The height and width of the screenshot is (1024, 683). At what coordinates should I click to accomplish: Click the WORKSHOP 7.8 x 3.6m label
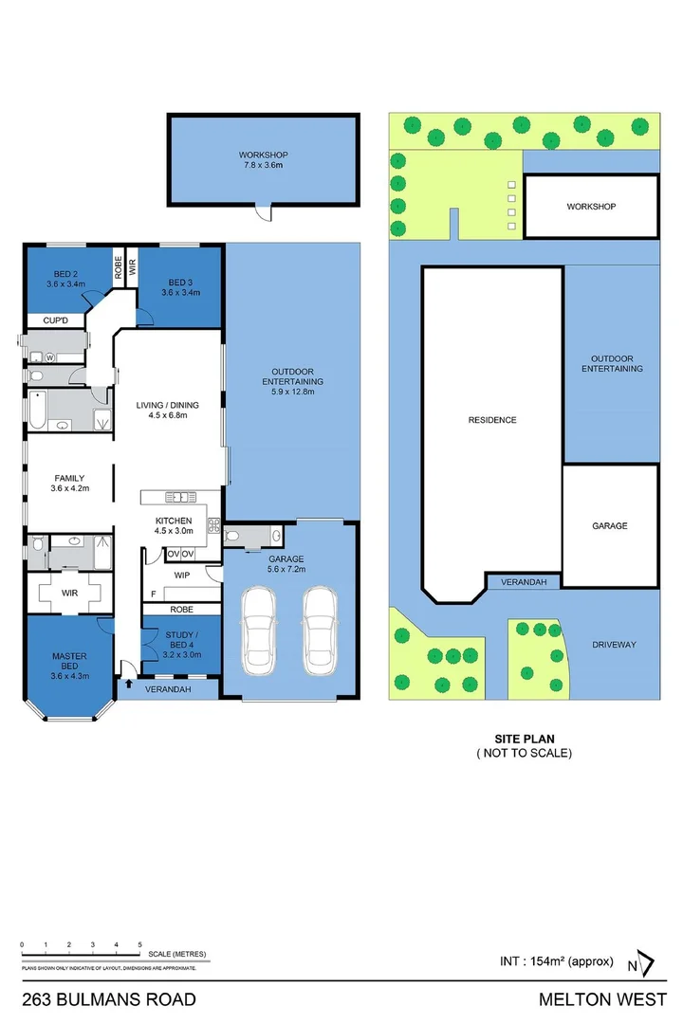point(263,159)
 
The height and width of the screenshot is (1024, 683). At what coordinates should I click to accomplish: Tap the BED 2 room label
point(65,277)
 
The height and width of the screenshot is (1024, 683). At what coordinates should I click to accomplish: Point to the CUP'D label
point(55,321)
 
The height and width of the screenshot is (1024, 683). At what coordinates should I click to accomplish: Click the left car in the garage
point(258,630)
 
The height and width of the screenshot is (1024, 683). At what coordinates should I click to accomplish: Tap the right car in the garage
point(321,630)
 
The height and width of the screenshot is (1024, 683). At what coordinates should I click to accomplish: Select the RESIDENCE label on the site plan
point(491,420)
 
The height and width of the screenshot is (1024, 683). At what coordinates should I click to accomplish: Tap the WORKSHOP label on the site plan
point(591,206)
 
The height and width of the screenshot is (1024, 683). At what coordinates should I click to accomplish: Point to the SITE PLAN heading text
point(524,738)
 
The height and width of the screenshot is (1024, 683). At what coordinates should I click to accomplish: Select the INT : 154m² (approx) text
point(557,960)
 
